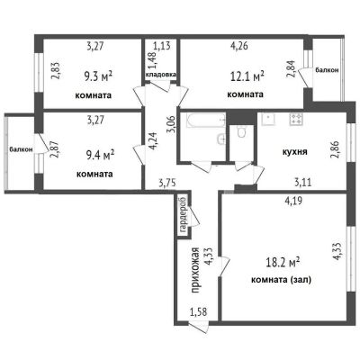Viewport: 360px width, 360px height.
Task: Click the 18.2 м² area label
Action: (x=283, y=263)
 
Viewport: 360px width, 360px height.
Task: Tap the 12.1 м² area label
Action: (x=247, y=76)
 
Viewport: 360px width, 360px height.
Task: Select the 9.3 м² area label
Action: (x=98, y=76)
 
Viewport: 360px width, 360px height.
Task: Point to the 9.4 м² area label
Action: (x=100, y=155)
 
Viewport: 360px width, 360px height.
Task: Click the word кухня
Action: (x=295, y=151)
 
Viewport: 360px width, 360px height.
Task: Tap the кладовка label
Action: (x=161, y=74)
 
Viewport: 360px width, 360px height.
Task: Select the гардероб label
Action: (x=183, y=214)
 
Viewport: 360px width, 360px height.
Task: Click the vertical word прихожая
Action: (x=195, y=270)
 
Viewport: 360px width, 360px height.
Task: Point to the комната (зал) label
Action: (x=281, y=280)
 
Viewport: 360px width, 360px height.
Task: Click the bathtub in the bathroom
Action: (x=206, y=121)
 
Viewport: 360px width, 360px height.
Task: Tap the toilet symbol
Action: (x=241, y=131)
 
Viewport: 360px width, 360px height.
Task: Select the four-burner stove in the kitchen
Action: (x=296, y=119)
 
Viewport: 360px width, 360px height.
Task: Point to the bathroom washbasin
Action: (x=221, y=139)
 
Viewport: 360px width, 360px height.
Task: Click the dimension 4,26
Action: (x=238, y=47)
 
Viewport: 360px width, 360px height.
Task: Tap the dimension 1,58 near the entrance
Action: (x=199, y=312)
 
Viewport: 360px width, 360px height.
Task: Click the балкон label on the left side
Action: (x=21, y=149)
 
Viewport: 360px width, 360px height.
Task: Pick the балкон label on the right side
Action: (x=327, y=70)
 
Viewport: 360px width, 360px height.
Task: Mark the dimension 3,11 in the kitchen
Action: (x=302, y=182)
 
